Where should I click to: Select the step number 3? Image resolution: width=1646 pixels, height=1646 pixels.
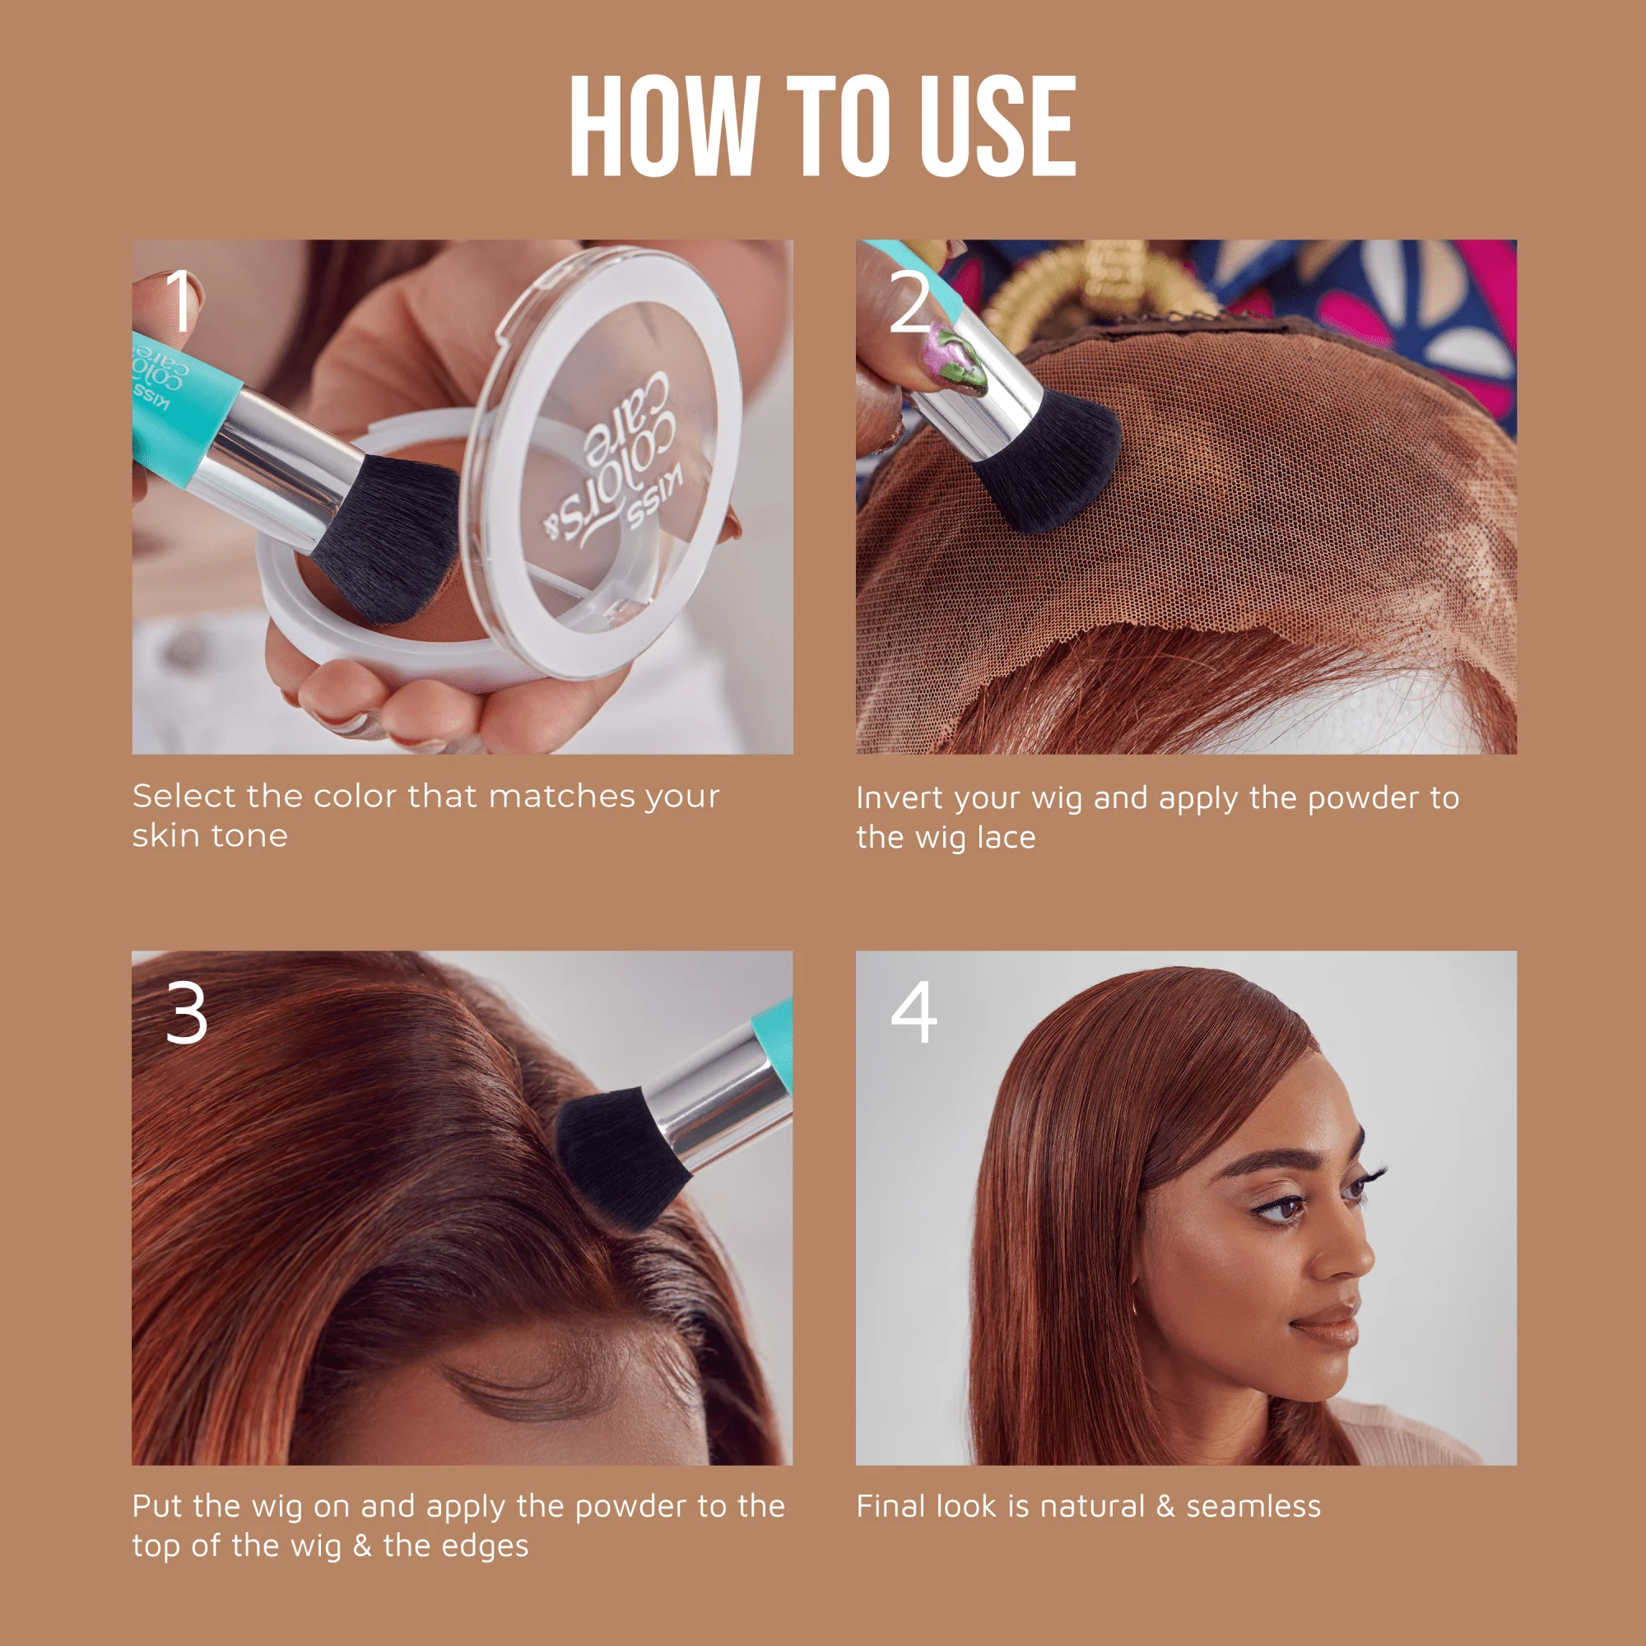tap(187, 1013)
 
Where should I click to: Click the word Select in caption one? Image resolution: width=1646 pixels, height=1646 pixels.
tap(184, 797)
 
